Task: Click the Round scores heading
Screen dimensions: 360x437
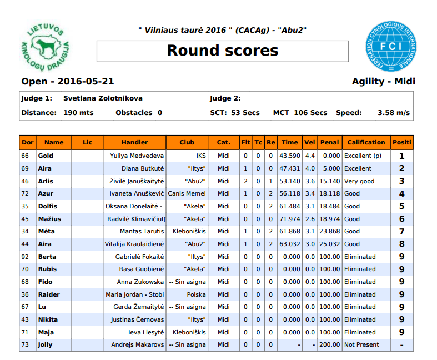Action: coord(223,51)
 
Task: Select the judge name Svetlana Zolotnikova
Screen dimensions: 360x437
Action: coord(103,98)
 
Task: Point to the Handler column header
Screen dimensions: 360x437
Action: coord(134,142)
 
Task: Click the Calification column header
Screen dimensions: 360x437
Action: coord(366,142)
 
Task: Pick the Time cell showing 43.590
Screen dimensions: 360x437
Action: coord(290,156)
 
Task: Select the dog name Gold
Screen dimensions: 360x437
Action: coord(46,156)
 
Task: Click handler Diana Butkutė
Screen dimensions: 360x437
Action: coord(143,168)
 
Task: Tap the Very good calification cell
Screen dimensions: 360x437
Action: coord(359,181)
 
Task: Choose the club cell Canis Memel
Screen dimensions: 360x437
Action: coord(187,194)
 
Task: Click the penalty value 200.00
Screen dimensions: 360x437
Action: coord(329,345)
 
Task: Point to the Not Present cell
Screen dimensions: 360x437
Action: coord(361,345)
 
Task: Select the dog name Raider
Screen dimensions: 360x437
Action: coord(49,294)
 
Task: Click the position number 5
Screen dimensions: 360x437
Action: coord(401,206)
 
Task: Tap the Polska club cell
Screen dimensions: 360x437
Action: coord(196,294)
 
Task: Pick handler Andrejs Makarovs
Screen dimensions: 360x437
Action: coord(137,345)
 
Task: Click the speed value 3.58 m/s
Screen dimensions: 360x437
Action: coord(394,113)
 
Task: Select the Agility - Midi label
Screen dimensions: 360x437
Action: coord(383,82)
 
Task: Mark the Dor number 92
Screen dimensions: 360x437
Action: coord(25,257)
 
